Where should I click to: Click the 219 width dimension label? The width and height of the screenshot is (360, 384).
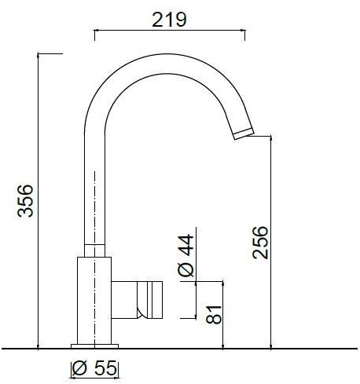tap(169, 20)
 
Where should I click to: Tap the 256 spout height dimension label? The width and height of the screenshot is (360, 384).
tap(260, 243)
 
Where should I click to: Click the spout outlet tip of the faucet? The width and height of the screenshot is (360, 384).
tap(244, 133)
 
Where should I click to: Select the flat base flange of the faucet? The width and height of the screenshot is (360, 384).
tap(94, 344)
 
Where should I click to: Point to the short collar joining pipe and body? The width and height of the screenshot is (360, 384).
tap(94, 250)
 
